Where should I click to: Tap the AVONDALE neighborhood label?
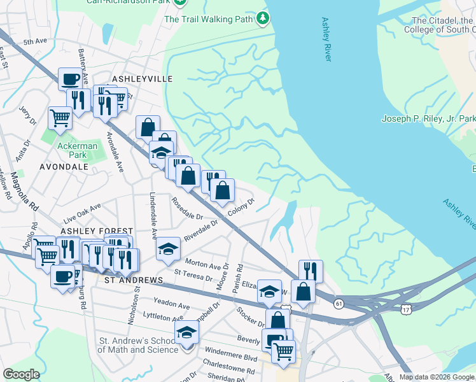[x=64, y=166]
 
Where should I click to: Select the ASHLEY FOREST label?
[x=97, y=230]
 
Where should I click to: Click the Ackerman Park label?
[x=77, y=150]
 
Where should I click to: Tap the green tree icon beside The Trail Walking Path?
[x=263, y=19]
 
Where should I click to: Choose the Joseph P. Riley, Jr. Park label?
[x=428, y=118]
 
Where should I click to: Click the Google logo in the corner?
[x=20, y=374]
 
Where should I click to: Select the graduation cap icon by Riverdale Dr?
[x=168, y=249]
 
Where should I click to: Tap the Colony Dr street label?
[x=242, y=207]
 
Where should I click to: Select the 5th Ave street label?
[x=35, y=42]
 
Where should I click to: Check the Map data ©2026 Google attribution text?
[x=437, y=377]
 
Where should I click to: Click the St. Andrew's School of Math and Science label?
[x=137, y=345]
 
